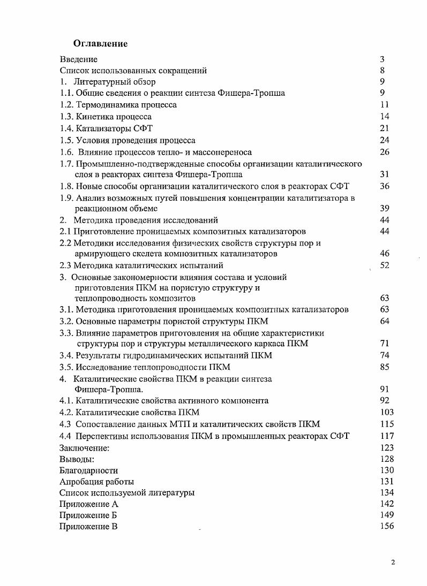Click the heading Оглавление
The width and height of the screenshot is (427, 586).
pyautogui.click(x=100, y=44)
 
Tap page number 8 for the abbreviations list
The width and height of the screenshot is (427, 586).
pyautogui.click(x=382, y=70)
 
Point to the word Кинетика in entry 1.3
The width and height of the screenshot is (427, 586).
pyautogui.click(x=94, y=117)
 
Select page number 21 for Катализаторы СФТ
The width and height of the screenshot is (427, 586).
pyautogui.click(x=384, y=128)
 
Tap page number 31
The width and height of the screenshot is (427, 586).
pyautogui.click(x=384, y=174)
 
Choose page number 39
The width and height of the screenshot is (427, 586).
pyautogui.click(x=384, y=209)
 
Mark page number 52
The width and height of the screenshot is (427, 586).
pyautogui.click(x=384, y=265)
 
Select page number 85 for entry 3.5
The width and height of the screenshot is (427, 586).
pyautogui.click(x=384, y=367)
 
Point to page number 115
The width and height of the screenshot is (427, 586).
pyautogui.click(x=386, y=424)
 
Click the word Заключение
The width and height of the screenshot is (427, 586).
pyautogui.click(x=84, y=447)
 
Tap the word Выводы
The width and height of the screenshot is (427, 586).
pyautogui.click(x=77, y=459)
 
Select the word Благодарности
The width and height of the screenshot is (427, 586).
pyautogui.click(x=88, y=470)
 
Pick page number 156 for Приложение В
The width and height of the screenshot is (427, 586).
pyautogui.click(x=386, y=526)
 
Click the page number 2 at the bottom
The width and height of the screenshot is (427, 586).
pyautogui.click(x=393, y=562)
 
